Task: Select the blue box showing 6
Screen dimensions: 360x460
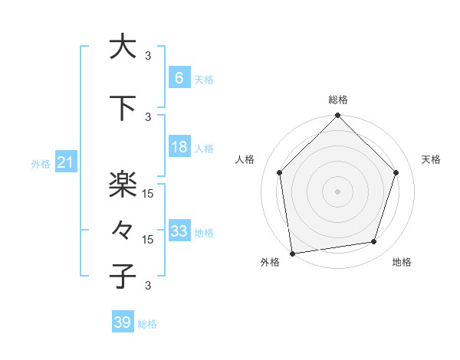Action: coord(179,78)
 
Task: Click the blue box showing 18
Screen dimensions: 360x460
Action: coord(179,147)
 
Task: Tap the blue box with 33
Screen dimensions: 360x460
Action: coord(179,231)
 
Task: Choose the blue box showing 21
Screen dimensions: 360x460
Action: coord(65,162)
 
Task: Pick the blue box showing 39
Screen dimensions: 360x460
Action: coord(123,322)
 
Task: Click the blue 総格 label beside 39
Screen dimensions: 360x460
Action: coord(147,324)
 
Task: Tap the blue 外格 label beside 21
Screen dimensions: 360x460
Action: coord(41,163)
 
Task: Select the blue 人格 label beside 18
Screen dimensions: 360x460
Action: coord(204,148)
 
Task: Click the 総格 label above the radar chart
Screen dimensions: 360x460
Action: coord(338,100)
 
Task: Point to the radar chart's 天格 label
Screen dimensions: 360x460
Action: coord(432,159)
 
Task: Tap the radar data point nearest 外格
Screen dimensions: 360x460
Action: coord(292,253)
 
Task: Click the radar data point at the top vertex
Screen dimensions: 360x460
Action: coord(337,116)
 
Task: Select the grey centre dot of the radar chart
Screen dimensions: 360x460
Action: coord(337,191)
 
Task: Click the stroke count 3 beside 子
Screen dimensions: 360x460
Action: coord(148,286)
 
